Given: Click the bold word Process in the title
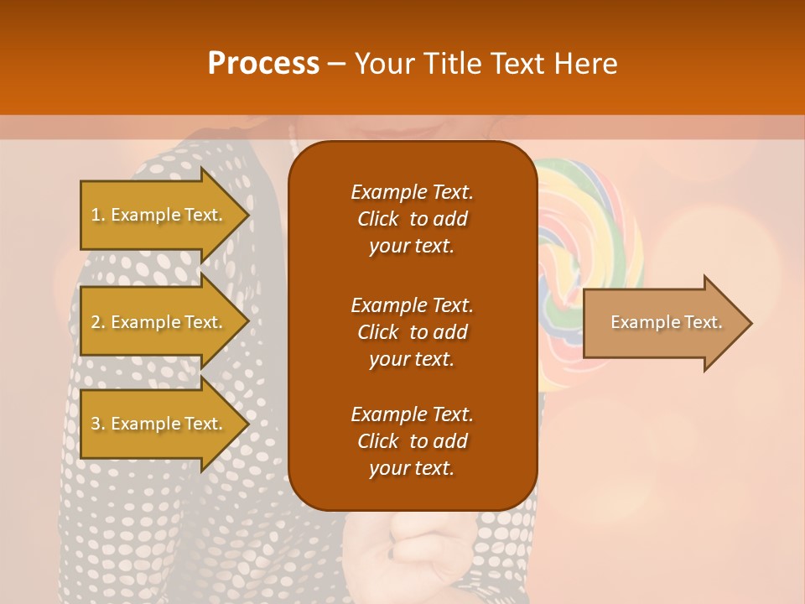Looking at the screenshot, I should [263, 64].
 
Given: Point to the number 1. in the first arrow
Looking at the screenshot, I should [98, 215].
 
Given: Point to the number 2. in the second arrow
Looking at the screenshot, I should [98, 322].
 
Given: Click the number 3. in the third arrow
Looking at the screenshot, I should [98, 424].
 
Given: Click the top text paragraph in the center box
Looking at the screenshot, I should [412, 219].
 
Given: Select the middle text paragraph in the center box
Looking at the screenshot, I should [412, 331].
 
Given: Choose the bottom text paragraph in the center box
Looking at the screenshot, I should [412, 441].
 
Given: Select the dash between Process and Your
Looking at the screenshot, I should [336, 65].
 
